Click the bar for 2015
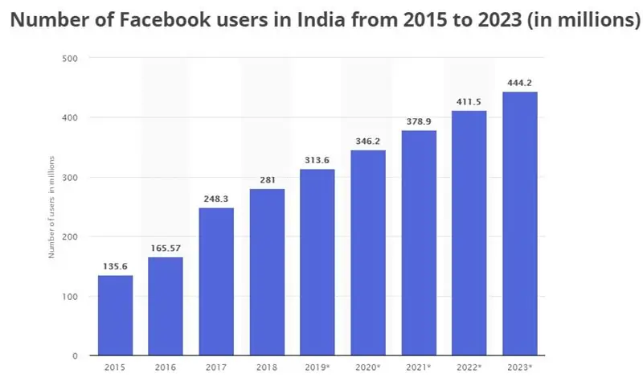point(115,315)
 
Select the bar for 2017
point(216,281)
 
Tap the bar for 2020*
point(368,252)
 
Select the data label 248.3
point(216,198)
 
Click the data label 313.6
point(317,159)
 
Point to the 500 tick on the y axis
point(69,59)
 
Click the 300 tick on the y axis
point(69,178)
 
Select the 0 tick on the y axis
point(74,355)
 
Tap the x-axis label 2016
point(166,367)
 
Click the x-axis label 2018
point(267,367)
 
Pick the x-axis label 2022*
point(469,367)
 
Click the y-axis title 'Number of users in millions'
point(51,207)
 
